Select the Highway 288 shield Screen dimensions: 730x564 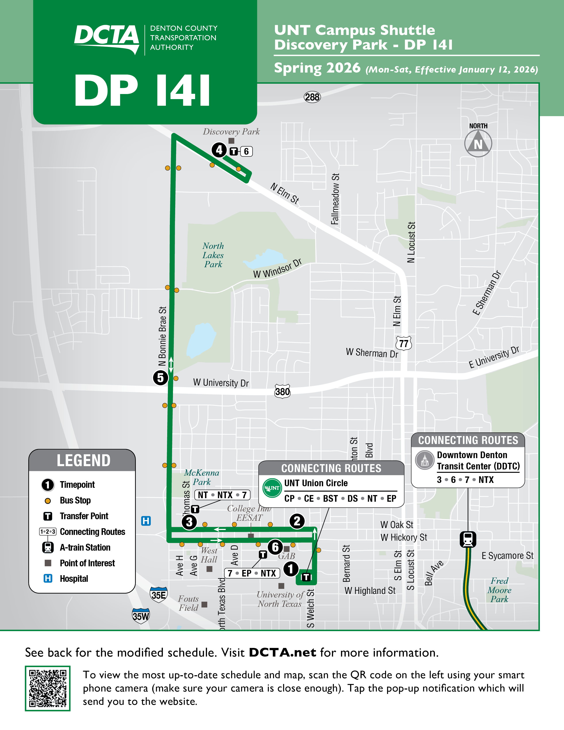[x=312, y=97]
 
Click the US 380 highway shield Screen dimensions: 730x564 [x=282, y=391]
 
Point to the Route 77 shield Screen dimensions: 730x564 [x=404, y=343]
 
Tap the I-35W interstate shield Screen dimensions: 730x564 [x=141, y=616]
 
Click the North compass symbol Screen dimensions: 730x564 [x=478, y=143]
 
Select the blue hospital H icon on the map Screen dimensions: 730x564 [x=146, y=521]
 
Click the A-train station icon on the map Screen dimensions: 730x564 [x=468, y=539]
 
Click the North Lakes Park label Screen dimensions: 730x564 [x=213, y=255]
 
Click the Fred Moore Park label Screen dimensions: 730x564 [x=499, y=590]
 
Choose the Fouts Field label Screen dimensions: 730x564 [x=188, y=603]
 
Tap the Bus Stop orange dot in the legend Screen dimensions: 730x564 [x=48, y=501]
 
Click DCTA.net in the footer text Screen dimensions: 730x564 [x=282, y=652]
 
